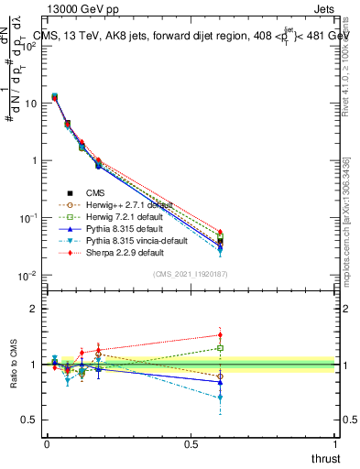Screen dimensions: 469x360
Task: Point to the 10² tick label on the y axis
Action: coord(27,46)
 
